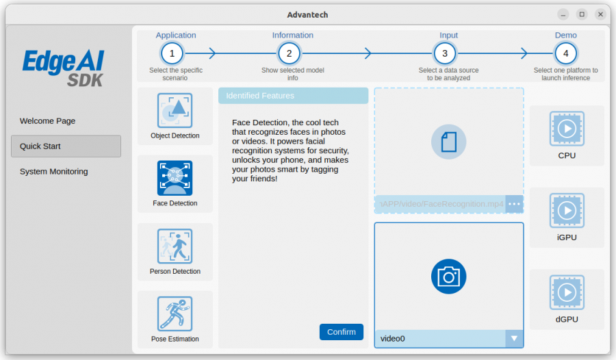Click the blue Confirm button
(x=341, y=332)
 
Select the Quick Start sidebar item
(x=66, y=146)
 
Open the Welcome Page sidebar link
(x=47, y=121)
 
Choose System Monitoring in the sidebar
(x=54, y=171)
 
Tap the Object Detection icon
(x=175, y=110)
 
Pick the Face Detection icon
(x=175, y=178)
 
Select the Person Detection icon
(x=175, y=246)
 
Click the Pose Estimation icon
(x=175, y=313)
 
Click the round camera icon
(x=448, y=277)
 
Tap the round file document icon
(x=448, y=142)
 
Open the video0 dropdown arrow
(x=514, y=338)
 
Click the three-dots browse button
(x=514, y=204)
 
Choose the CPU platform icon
(x=567, y=129)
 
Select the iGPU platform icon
(x=567, y=210)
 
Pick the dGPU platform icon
(x=567, y=292)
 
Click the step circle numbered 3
(x=445, y=53)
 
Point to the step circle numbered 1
(x=172, y=53)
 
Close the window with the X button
(x=600, y=14)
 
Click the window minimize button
(x=563, y=14)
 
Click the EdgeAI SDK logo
(x=64, y=68)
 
